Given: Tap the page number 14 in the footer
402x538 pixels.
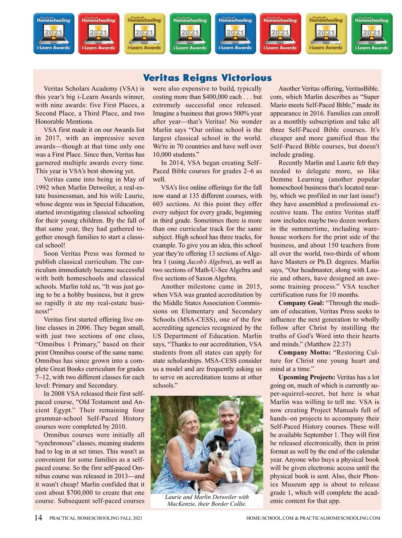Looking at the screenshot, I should pos(38,518).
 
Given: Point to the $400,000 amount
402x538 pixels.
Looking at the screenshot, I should pos(218,97).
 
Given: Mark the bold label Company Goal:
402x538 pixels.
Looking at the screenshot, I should pos(301,303).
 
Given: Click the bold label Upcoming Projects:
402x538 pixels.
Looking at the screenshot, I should pos(307,378).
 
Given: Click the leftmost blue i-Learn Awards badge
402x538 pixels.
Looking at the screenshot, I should pos(54,33).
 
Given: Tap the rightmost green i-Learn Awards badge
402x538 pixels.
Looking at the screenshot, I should pos(372,33).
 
